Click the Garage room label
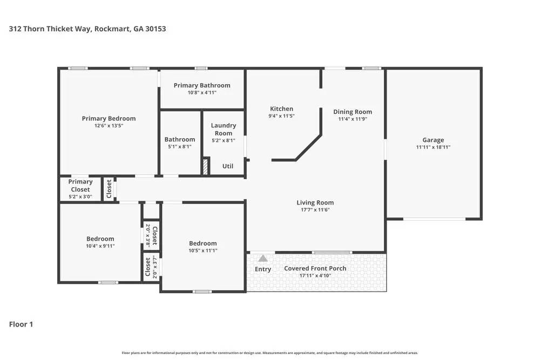pyautogui.click(x=433, y=140)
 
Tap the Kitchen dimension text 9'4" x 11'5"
pyautogui.click(x=281, y=116)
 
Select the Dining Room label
pyautogui.click(x=353, y=112)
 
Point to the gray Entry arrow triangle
pyautogui.click(x=263, y=259)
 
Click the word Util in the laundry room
pyautogui.click(x=228, y=166)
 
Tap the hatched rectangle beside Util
pyautogui.click(x=205, y=166)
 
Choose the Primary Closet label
pyautogui.click(x=80, y=186)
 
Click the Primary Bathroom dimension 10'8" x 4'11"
pyautogui.click(x=202, y=92)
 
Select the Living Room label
pyautogui.click(x=315, y=202)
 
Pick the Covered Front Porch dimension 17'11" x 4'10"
pyautogui.click(x=315, y=276)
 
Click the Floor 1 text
pyautogui.click(x=21, y=324)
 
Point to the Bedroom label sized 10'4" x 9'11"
pyautogui.click(x=100, y=239)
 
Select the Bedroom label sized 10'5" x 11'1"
pyautogui.click(x=202, y=243)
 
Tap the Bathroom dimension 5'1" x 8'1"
pyautogui.click(x=180, y=146)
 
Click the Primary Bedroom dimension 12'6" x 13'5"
pyautogui.click(x=109, y=125)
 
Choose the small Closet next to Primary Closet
pyautogui.click(x=109, y=189)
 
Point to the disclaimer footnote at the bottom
pyautogui.click(x=270, y=352)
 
